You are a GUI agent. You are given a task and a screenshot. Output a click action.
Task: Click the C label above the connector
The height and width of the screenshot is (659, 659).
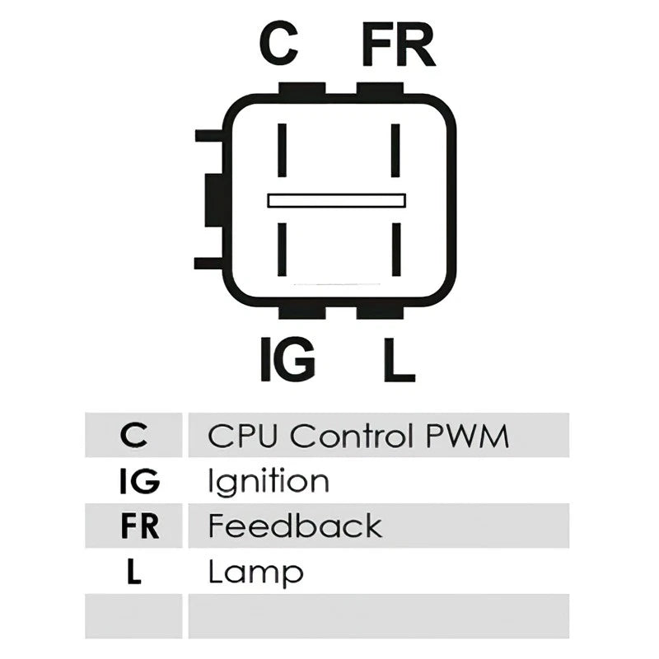pyautogui.click(x=278, y=44)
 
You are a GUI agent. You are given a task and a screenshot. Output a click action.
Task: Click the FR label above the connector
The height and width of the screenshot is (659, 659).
pyautogui.click(x=398, y=45)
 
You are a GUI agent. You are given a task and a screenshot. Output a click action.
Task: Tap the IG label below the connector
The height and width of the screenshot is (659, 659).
pyautogui.click(x=287, y=359)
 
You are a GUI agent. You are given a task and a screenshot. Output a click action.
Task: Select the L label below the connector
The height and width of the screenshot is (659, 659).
pyautogui.click(x=400, y=359)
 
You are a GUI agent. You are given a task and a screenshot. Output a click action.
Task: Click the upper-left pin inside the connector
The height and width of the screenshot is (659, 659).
pyautogui.click(x=282, y=150)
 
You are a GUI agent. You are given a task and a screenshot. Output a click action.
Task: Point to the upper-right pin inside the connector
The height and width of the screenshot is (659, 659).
pyautogui.click(x=395, y=150)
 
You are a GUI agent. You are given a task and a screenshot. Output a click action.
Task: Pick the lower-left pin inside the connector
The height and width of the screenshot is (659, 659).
pyautogui.click(x=282, y=250)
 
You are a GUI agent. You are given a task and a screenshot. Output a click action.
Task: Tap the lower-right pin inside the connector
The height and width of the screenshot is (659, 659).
pyautogui.click(x=396, y=250)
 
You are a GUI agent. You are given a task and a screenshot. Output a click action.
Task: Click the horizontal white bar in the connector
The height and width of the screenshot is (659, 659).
pyautogui.click(x=337, y=200)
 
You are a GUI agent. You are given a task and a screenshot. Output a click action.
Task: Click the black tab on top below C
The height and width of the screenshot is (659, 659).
pyautogui.click(x=301, y=88)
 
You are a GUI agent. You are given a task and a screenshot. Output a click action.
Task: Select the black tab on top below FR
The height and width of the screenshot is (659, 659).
pyautogui.click(x=380, y=88)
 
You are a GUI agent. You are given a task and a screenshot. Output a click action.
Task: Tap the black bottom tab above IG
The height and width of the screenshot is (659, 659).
pyautogui.click(x=301, y=313)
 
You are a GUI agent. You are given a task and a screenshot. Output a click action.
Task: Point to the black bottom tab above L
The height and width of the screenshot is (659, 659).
pyautogui.click(x=380, y=313)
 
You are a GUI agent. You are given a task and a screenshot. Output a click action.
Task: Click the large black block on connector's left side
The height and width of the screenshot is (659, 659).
pyautogui.click(x=214, y=200)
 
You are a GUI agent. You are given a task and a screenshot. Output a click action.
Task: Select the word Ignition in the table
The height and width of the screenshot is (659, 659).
pyautogui.click(x=269, y=482)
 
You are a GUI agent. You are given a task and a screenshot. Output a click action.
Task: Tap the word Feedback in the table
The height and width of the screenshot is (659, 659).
pyautogui.click(x=295, y=526)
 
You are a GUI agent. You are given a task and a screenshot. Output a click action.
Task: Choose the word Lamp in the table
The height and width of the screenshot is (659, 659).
pyautogui.click(x=256, y=573)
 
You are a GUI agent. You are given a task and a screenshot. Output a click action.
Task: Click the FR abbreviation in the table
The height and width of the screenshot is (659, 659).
pyautogui.click(x=140, y=526)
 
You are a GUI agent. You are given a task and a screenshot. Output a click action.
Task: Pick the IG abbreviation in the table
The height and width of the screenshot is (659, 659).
pyautogui.click(x=139, y=481)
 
